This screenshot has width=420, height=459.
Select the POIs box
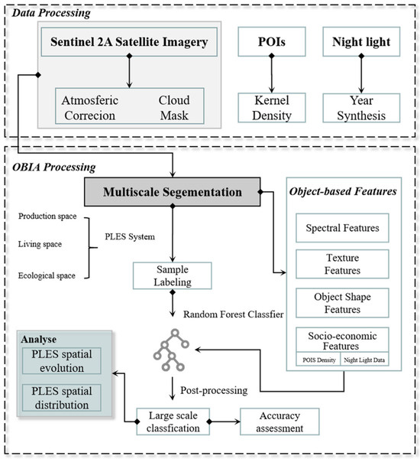270,43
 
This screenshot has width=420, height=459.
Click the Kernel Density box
270,106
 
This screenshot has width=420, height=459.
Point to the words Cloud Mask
174,106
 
